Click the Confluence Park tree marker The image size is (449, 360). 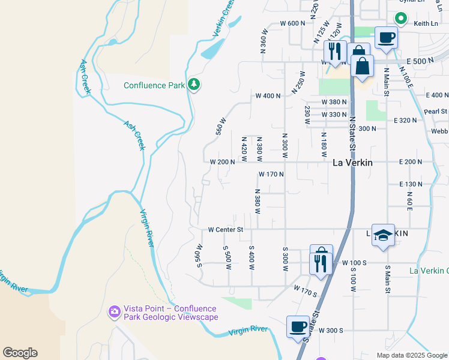point(193,85)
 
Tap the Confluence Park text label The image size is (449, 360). point(154,85)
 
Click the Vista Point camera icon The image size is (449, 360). point(115,311)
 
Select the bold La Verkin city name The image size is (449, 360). point(352,163)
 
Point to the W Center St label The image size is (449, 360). point(225,229)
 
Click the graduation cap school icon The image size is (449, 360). point(383,235)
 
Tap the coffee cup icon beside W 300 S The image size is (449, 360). point(298,328)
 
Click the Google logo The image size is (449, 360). point(20,353)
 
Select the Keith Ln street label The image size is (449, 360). point(425,24)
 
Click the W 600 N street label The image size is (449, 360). point(293,23)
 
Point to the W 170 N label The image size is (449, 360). point(271,175)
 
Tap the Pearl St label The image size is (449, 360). point(435,111)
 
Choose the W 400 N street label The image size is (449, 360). point(268,96)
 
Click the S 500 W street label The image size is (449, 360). point(227,257)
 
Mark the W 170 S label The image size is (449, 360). point(305,290)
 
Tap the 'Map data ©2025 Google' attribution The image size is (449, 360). point(411,355)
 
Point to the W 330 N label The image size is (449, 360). point(334,115)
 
